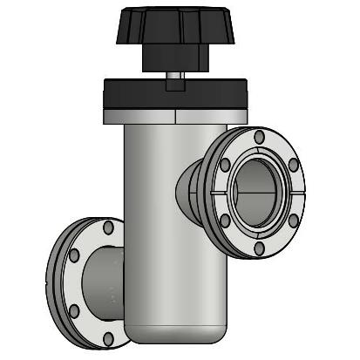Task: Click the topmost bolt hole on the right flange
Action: tap(258, 137)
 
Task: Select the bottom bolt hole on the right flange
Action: tap(260, 249)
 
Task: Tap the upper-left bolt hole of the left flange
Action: tap(74, 256)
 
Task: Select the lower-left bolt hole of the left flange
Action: tap(74, 311)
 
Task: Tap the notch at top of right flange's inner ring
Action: tap(259, 157)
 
